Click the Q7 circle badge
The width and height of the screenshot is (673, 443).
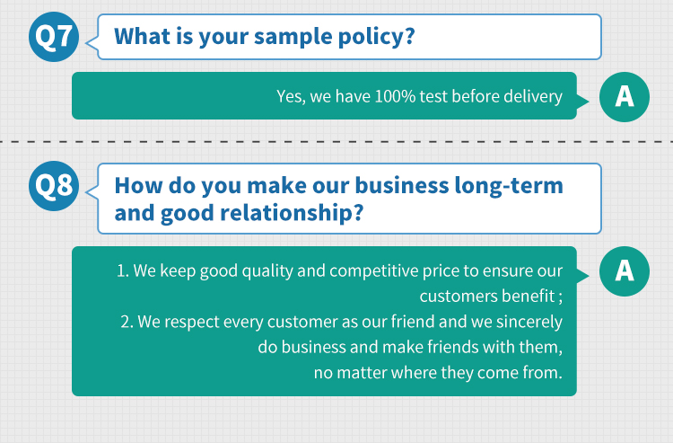point(54,37)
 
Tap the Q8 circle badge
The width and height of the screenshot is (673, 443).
point(54,186)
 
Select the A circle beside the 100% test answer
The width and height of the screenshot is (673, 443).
point(625,97)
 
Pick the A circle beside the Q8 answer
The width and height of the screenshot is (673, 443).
point(625,271)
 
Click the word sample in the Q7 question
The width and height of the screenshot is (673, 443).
point(293,37)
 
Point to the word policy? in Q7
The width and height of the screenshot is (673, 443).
point(376,37)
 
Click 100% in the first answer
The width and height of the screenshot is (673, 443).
point(395,96)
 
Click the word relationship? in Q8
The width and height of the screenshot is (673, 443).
point(292,213)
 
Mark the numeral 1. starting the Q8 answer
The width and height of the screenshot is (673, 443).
point(123,271)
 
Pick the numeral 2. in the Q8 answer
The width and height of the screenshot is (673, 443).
point(127,322)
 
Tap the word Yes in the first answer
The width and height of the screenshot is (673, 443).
point(291,97)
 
